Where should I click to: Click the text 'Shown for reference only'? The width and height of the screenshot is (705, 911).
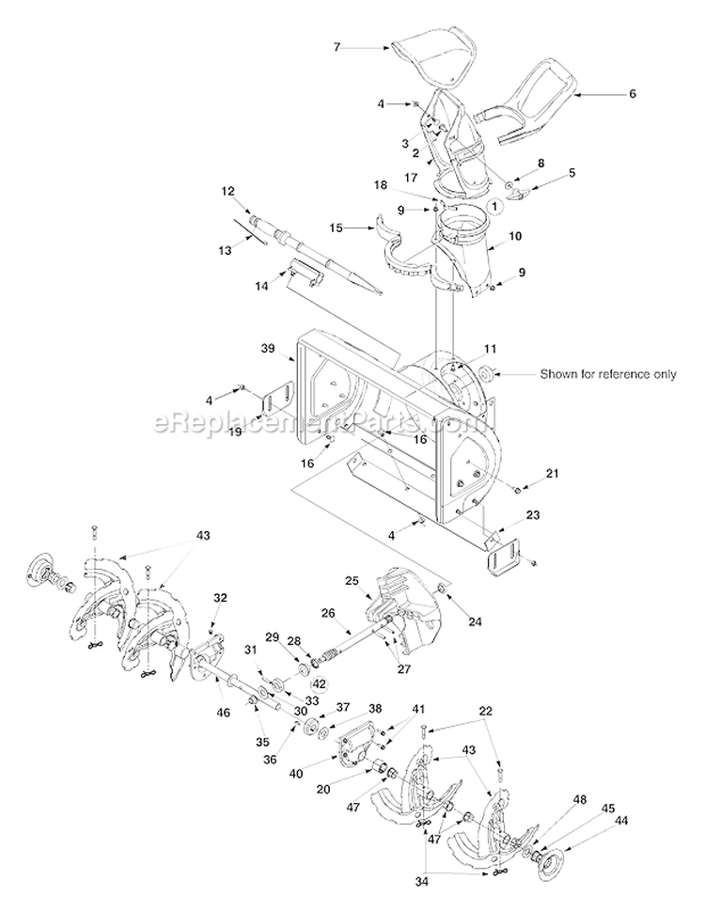point(607,374)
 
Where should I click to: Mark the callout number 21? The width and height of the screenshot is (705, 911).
point(553,474)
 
